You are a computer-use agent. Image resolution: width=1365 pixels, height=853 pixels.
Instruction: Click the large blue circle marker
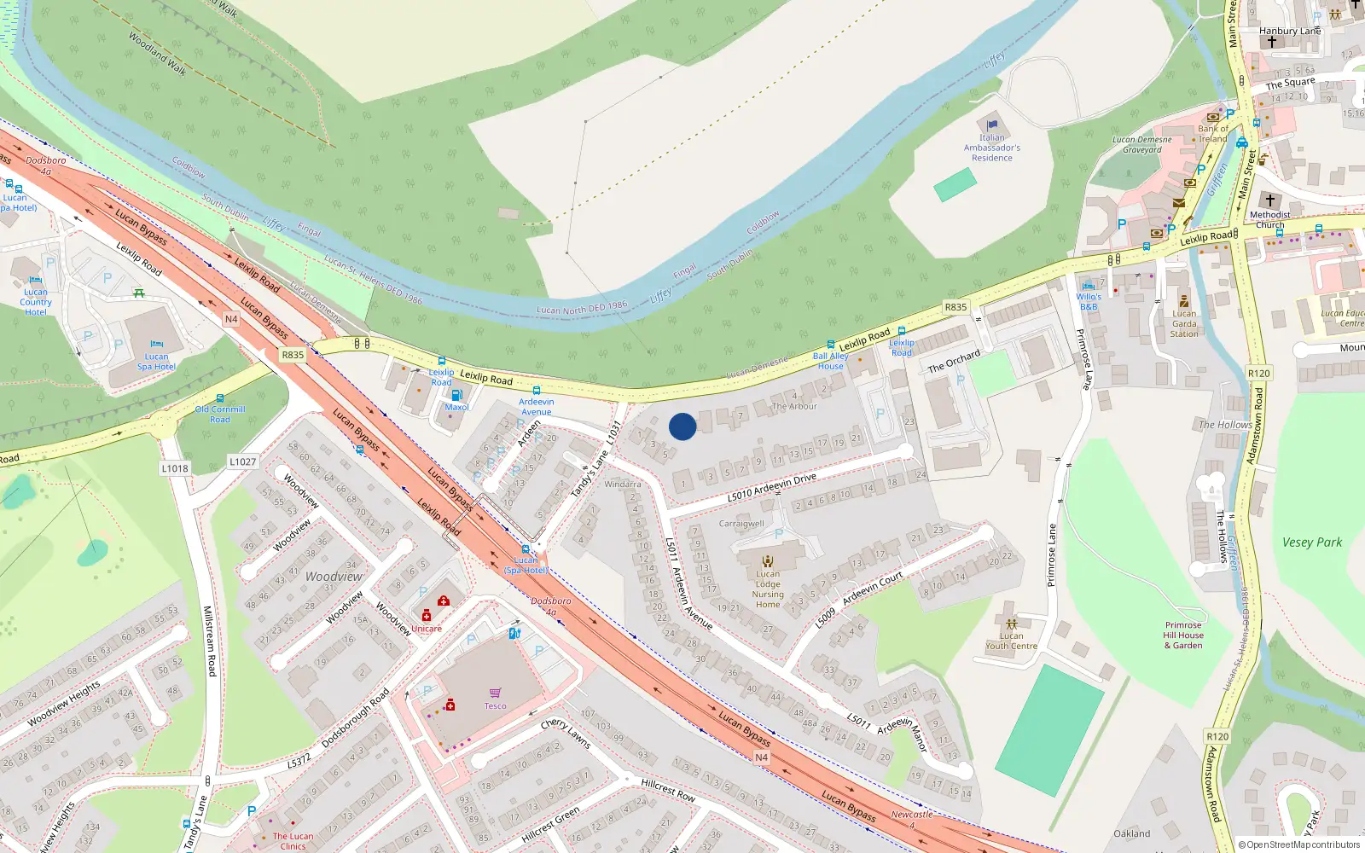click(682, 426)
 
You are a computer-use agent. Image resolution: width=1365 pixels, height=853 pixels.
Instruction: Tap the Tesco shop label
click(496, 705)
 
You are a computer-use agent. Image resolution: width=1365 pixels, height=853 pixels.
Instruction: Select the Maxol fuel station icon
click(456, 395)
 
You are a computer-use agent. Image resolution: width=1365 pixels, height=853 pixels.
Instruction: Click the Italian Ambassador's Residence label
click(991, 148)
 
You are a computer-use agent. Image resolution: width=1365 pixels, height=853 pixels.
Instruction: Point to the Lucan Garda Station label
click(1184, 323)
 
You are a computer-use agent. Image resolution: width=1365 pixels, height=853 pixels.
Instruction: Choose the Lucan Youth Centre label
click(1011, 641)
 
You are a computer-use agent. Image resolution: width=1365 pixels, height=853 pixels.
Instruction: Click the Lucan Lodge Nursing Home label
click(768, 589)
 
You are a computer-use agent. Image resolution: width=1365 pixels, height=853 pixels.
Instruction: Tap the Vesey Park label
click(1311, 542)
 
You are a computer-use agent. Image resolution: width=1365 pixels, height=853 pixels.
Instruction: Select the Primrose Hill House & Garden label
click(1183, 635)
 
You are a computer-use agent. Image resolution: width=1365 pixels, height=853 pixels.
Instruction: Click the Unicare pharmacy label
click(427, 629)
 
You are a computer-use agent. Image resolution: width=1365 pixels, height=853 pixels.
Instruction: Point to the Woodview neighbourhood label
click(334, 577)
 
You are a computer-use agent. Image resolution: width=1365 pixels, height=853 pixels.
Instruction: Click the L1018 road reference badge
click(175, 468)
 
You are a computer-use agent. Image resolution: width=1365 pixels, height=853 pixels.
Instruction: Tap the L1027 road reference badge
click(242, 461)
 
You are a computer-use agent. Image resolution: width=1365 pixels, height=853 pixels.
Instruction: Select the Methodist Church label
click(1269, 220)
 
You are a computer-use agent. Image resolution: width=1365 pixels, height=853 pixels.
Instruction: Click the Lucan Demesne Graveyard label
click(1141, 144)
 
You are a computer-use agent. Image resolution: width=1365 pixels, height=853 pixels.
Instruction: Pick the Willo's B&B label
click(1089, 302)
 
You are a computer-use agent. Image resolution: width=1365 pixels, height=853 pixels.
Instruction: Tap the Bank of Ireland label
click(1213, 134)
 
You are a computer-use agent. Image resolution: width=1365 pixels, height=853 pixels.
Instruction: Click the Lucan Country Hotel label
click(36, 302)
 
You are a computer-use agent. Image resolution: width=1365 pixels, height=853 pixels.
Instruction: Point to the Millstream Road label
click(208, 641)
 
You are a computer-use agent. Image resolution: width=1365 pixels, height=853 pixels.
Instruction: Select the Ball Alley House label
click(830, 361)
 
